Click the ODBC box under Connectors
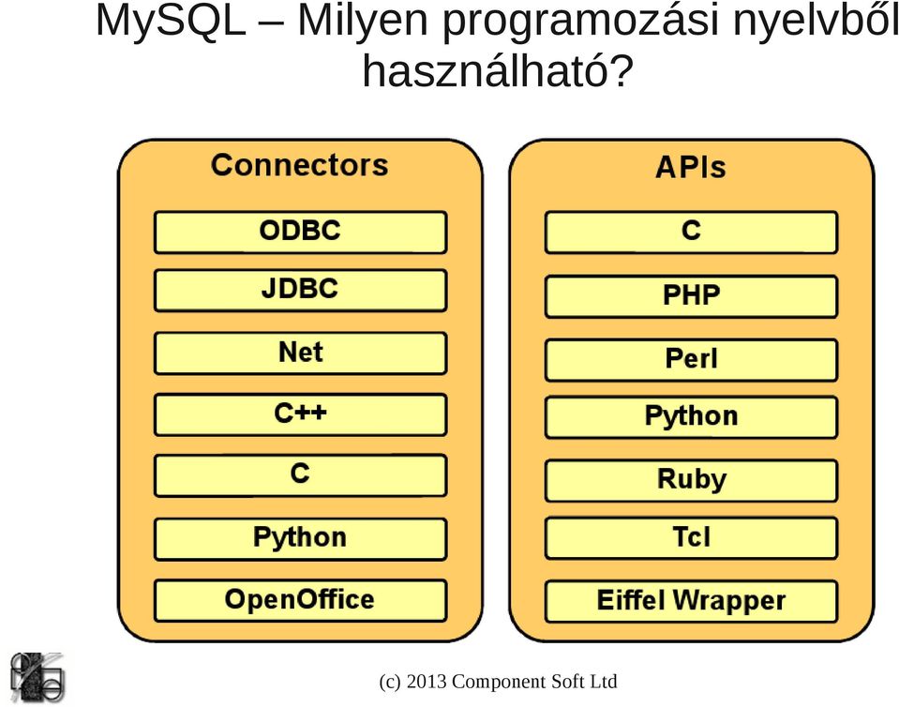(x=300, y=232)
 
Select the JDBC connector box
(x=300, y=290)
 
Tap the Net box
(x=300, y=353)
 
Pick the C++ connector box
(x=300, y=414)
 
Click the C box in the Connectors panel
(x=300, y=475)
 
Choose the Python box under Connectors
(x=300, y=539)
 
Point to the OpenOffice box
(x=300, y=600)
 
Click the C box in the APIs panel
(x=692, y=233)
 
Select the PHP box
(x=692, y=296)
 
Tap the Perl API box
(x=692, y=360)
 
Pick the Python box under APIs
(x=692, y=417)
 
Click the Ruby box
(x=692, y=480)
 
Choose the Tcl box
(x=692, y=538)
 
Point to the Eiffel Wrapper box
(x=692, y=601)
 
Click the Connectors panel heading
(x=300, y=165)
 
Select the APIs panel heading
(x=691, y=168)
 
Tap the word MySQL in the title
(x=171, y=23)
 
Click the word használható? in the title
(x=498, y=70)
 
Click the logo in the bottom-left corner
(x=37, y=677)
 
